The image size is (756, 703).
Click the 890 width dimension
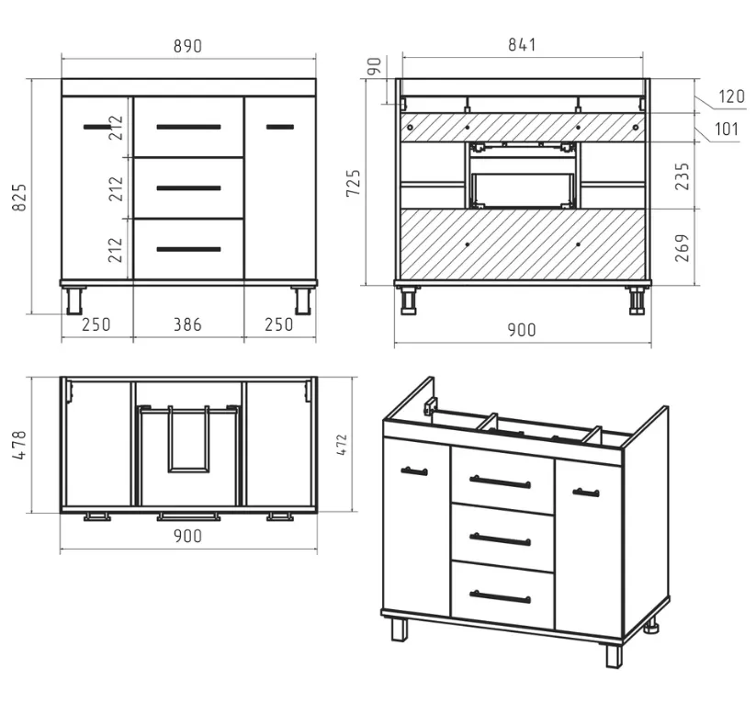[x=187, y=46]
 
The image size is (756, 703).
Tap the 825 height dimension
[x=19, y=197]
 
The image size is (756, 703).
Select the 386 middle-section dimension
[x=187, y=324]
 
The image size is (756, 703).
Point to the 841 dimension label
[x=522, y=45]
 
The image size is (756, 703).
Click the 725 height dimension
[x=354, y=183]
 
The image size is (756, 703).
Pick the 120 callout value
[x=731, y=96]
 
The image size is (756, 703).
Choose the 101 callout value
[x=726, y=130]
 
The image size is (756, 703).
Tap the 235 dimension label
[x=683, y=176]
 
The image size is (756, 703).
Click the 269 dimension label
[x=683, y=248]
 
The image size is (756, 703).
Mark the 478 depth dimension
[x=19, y=445]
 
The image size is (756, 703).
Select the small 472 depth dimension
[x=342, y=445]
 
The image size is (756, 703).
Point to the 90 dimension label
[x=374, y=66]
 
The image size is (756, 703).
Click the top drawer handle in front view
[x=188, y=127]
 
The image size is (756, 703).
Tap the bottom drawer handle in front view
[x=188, y=249]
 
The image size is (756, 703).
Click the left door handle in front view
[x=96, y=127]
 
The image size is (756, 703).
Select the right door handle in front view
[x=280, y=127]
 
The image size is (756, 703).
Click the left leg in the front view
[x=74, y=300]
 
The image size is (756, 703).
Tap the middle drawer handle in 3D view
[x=500, y=539]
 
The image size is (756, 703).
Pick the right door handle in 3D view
[x=586, y=493]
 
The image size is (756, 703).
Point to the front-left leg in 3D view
[x=400, y=629]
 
